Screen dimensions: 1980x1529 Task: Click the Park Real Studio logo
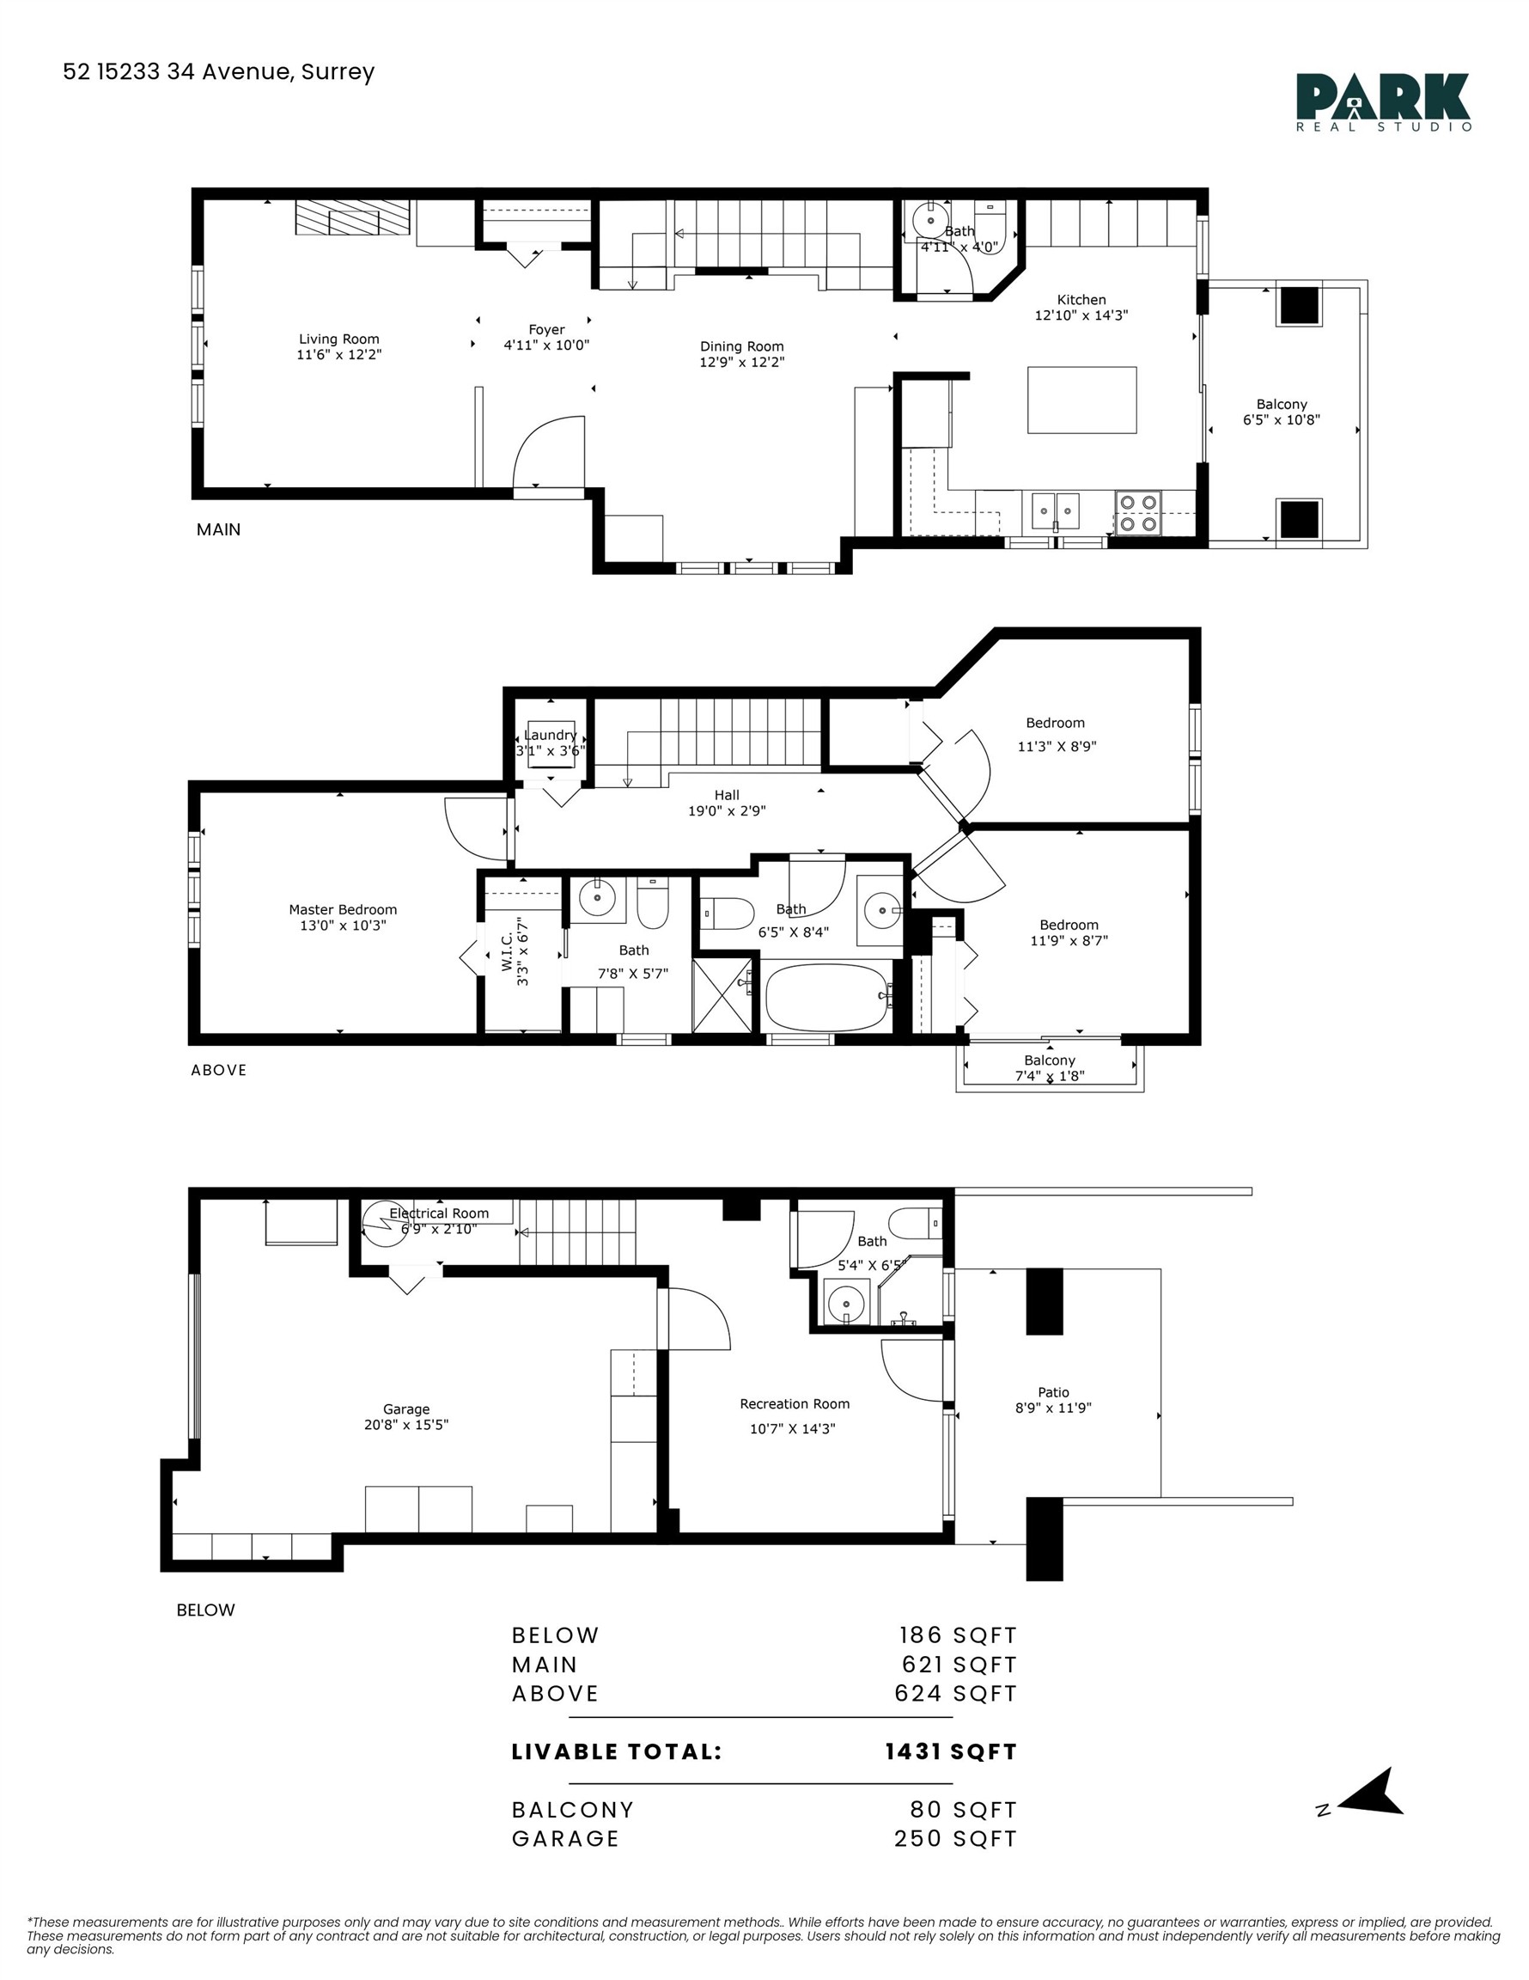tap(1382, 101)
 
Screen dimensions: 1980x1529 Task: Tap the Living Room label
tap(339, 339)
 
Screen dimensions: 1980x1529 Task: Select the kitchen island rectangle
tap(1081, 400)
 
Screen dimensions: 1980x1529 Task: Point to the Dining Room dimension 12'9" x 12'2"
tap(741, 362)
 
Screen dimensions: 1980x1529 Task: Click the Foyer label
tap(546, 330)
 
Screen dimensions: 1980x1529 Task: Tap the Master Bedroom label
tap(343, 909)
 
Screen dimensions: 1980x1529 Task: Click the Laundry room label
tap(550, 735)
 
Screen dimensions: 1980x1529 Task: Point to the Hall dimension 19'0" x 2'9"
tap(726, 810)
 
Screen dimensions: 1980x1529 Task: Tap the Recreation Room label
tap(794, 1403)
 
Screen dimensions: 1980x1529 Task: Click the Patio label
tap(1053, 1391)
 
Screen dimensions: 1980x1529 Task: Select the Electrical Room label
tap(439, 1213)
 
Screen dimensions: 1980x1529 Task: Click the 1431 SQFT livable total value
tap(951, 1751)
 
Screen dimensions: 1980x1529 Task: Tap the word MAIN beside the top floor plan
tap(218, 529)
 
